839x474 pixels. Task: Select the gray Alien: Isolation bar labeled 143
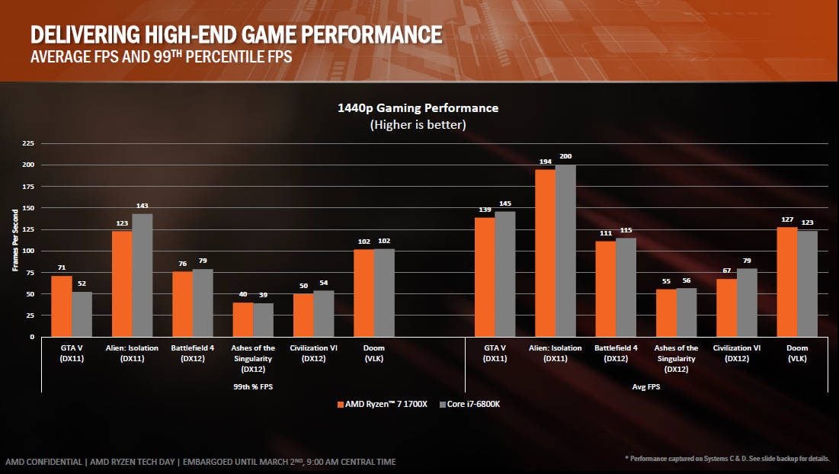pyautogui.click(x=143, y=275)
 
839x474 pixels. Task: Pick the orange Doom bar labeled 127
pyautogui.click(x=786, y=281)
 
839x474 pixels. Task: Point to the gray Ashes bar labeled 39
pyautogui.click(x=263, y=319)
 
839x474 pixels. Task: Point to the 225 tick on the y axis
pyautogui.click(x=28, y=143)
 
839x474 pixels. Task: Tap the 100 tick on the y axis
pyautogui.click(x=28, y=251)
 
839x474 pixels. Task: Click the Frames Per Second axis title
pyautogui.click(x=15, y=240)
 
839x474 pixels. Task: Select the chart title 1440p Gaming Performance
pyautogui.click(x=418, y=108)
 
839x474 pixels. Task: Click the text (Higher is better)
pyautogui.click(x=418, y=123)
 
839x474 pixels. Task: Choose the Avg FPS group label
pyautogui.click(x=645, y=386)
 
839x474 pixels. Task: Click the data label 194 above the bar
pyautogui.click(x=545, y=161)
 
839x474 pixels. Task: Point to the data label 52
pyautogui.click(x=82, y=283)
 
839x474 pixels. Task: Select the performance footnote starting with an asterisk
pyautogui.click(x=727, y=457)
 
